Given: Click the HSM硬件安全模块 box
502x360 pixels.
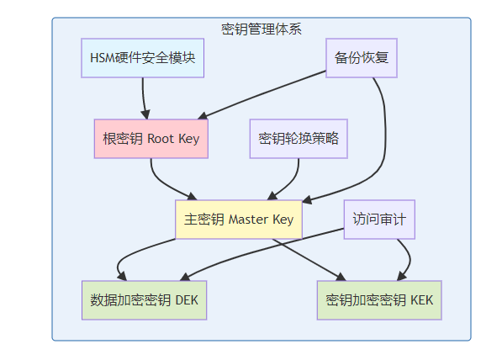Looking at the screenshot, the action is pos(142,58).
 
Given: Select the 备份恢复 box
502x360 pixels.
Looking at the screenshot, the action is pos(362,58).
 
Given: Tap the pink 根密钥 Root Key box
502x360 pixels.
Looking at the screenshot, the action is pos(151,139).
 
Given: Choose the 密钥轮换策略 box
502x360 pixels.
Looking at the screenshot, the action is pos(299,139).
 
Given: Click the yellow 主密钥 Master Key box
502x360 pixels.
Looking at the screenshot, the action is pos(239,220).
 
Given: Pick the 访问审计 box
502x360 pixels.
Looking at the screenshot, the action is pos(379,220).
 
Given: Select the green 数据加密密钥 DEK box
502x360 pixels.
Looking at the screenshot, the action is pos(144,300).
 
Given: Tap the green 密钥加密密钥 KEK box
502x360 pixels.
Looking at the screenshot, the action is pos(379,300).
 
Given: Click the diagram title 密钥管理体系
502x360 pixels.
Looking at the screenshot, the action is pos(262,29).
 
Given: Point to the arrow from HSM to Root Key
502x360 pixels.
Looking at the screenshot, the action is pos(144,98).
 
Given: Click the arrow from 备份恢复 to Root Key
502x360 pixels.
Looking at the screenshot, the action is pos(262,95).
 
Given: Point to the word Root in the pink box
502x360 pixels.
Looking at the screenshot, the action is pos(161,139).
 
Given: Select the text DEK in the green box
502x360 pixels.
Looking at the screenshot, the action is pos(187,300).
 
